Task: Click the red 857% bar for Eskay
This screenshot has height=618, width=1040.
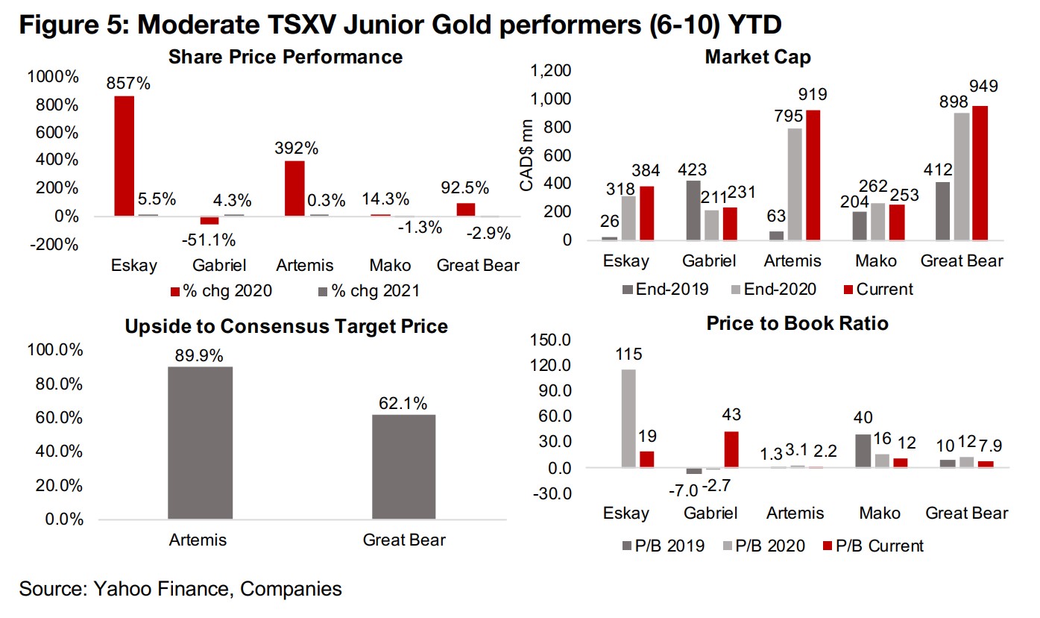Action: click(x=124, y=155)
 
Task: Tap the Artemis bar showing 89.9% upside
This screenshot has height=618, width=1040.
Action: click(x=201, y=443)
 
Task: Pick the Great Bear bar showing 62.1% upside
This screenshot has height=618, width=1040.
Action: click(x=403, y=466)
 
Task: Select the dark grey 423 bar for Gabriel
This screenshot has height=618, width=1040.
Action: click(x=693, y=210)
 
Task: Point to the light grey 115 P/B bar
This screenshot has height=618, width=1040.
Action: click(x=628, y=419)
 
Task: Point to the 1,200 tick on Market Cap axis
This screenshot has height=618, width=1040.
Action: click(x=551, y=71)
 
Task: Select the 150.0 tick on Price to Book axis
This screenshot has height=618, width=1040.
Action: click(x=550, y=340)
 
